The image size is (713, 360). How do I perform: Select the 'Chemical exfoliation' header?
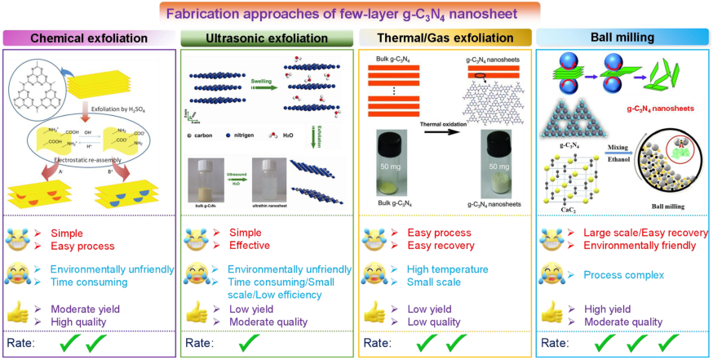coord(89,38)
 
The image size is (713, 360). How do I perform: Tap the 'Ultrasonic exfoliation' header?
coord(266,38)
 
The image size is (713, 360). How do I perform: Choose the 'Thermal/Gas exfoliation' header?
coord(445,38)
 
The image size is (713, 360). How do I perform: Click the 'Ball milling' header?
coord(622,38)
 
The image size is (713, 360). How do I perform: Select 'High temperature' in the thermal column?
coord(447,269)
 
